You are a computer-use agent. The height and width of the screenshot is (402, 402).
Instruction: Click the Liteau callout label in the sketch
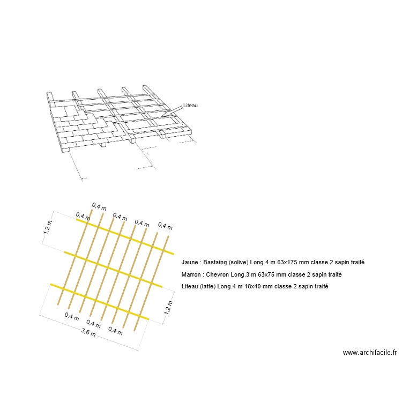pyautogui.click(x=190, y=106)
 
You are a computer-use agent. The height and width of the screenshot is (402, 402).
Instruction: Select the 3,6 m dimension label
pyautogui.click(x=88, y=332)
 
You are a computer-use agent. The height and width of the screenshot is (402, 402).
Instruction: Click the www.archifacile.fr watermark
pyautogui.click(x=369, y=353)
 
